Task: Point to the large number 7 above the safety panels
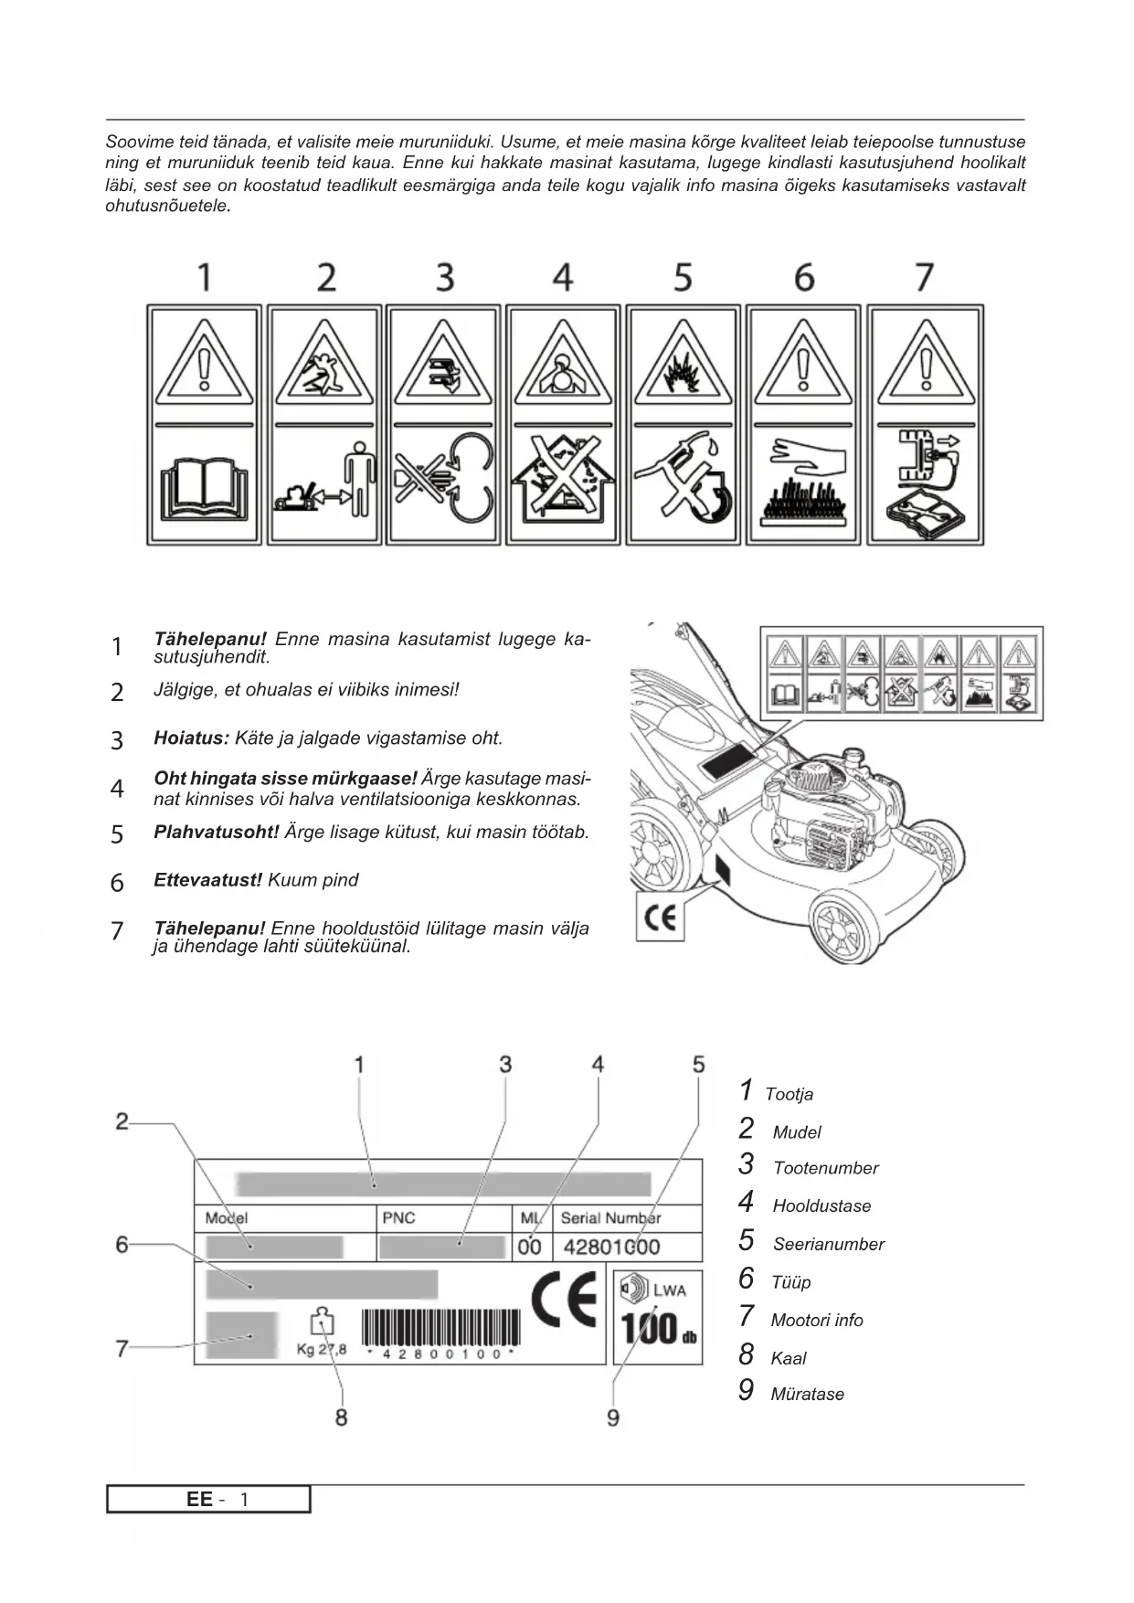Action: coord(924,277)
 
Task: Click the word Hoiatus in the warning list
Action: coord(191,738)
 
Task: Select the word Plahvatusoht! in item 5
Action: coord(217,833)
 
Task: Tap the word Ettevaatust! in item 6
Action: coord(207,880)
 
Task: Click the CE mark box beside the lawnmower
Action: coord(659,917)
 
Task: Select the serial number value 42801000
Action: coord(611,1247)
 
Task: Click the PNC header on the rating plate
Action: coord(398,1218)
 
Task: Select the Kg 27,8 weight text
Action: coord(322,1349)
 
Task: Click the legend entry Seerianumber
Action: coord(828,1244)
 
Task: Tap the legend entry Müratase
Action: coord(807,1394)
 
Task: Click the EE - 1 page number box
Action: coord(208,1500)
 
